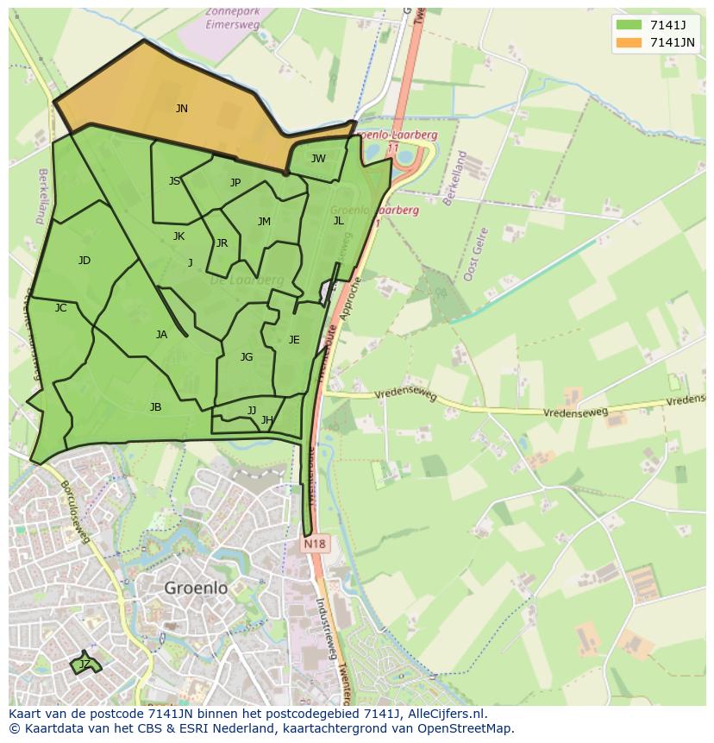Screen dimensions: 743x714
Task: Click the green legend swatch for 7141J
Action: pos(628,25)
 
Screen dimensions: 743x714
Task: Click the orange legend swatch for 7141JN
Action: pos(628,42)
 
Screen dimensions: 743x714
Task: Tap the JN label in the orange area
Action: pos(181,109)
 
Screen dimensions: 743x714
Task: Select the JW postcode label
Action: pos(318,158)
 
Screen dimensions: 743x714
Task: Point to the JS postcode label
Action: pos(175,181)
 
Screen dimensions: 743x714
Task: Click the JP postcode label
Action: pos(235,182)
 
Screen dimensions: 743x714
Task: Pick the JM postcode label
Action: pos(264,222)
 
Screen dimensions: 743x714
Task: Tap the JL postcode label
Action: pos(338,221)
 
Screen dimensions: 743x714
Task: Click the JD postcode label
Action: pos(84,261)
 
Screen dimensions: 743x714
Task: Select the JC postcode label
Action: pos(60,308)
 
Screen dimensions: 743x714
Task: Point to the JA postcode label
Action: pos(161,335)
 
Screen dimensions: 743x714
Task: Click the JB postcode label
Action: pos(155,407)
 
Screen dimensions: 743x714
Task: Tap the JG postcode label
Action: pos(247,357)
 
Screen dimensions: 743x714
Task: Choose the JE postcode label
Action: pos(294,340)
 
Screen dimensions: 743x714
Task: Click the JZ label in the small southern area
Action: pos(85,664)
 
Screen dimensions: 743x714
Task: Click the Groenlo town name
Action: pos(196,588)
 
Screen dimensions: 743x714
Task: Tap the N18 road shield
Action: pos(315,545)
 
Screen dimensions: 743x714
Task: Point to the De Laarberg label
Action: pos(247,280)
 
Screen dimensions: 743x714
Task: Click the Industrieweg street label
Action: pos(327,629)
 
